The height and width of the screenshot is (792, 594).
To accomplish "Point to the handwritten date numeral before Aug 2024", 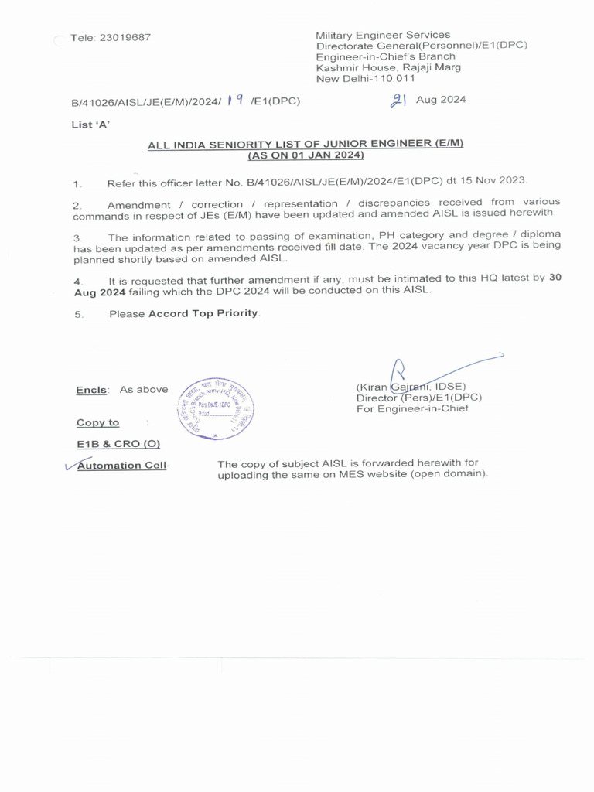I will (x=398, y=100).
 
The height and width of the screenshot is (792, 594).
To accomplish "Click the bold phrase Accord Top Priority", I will (x=204, y=314).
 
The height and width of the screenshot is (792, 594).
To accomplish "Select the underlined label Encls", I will (x=92, y=390).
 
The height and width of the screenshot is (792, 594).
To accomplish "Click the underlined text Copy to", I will (x=97, y=422).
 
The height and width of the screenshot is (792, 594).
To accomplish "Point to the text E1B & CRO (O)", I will (x=118, y=444).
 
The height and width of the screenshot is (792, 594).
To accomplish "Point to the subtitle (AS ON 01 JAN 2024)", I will (x=306, y=155).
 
